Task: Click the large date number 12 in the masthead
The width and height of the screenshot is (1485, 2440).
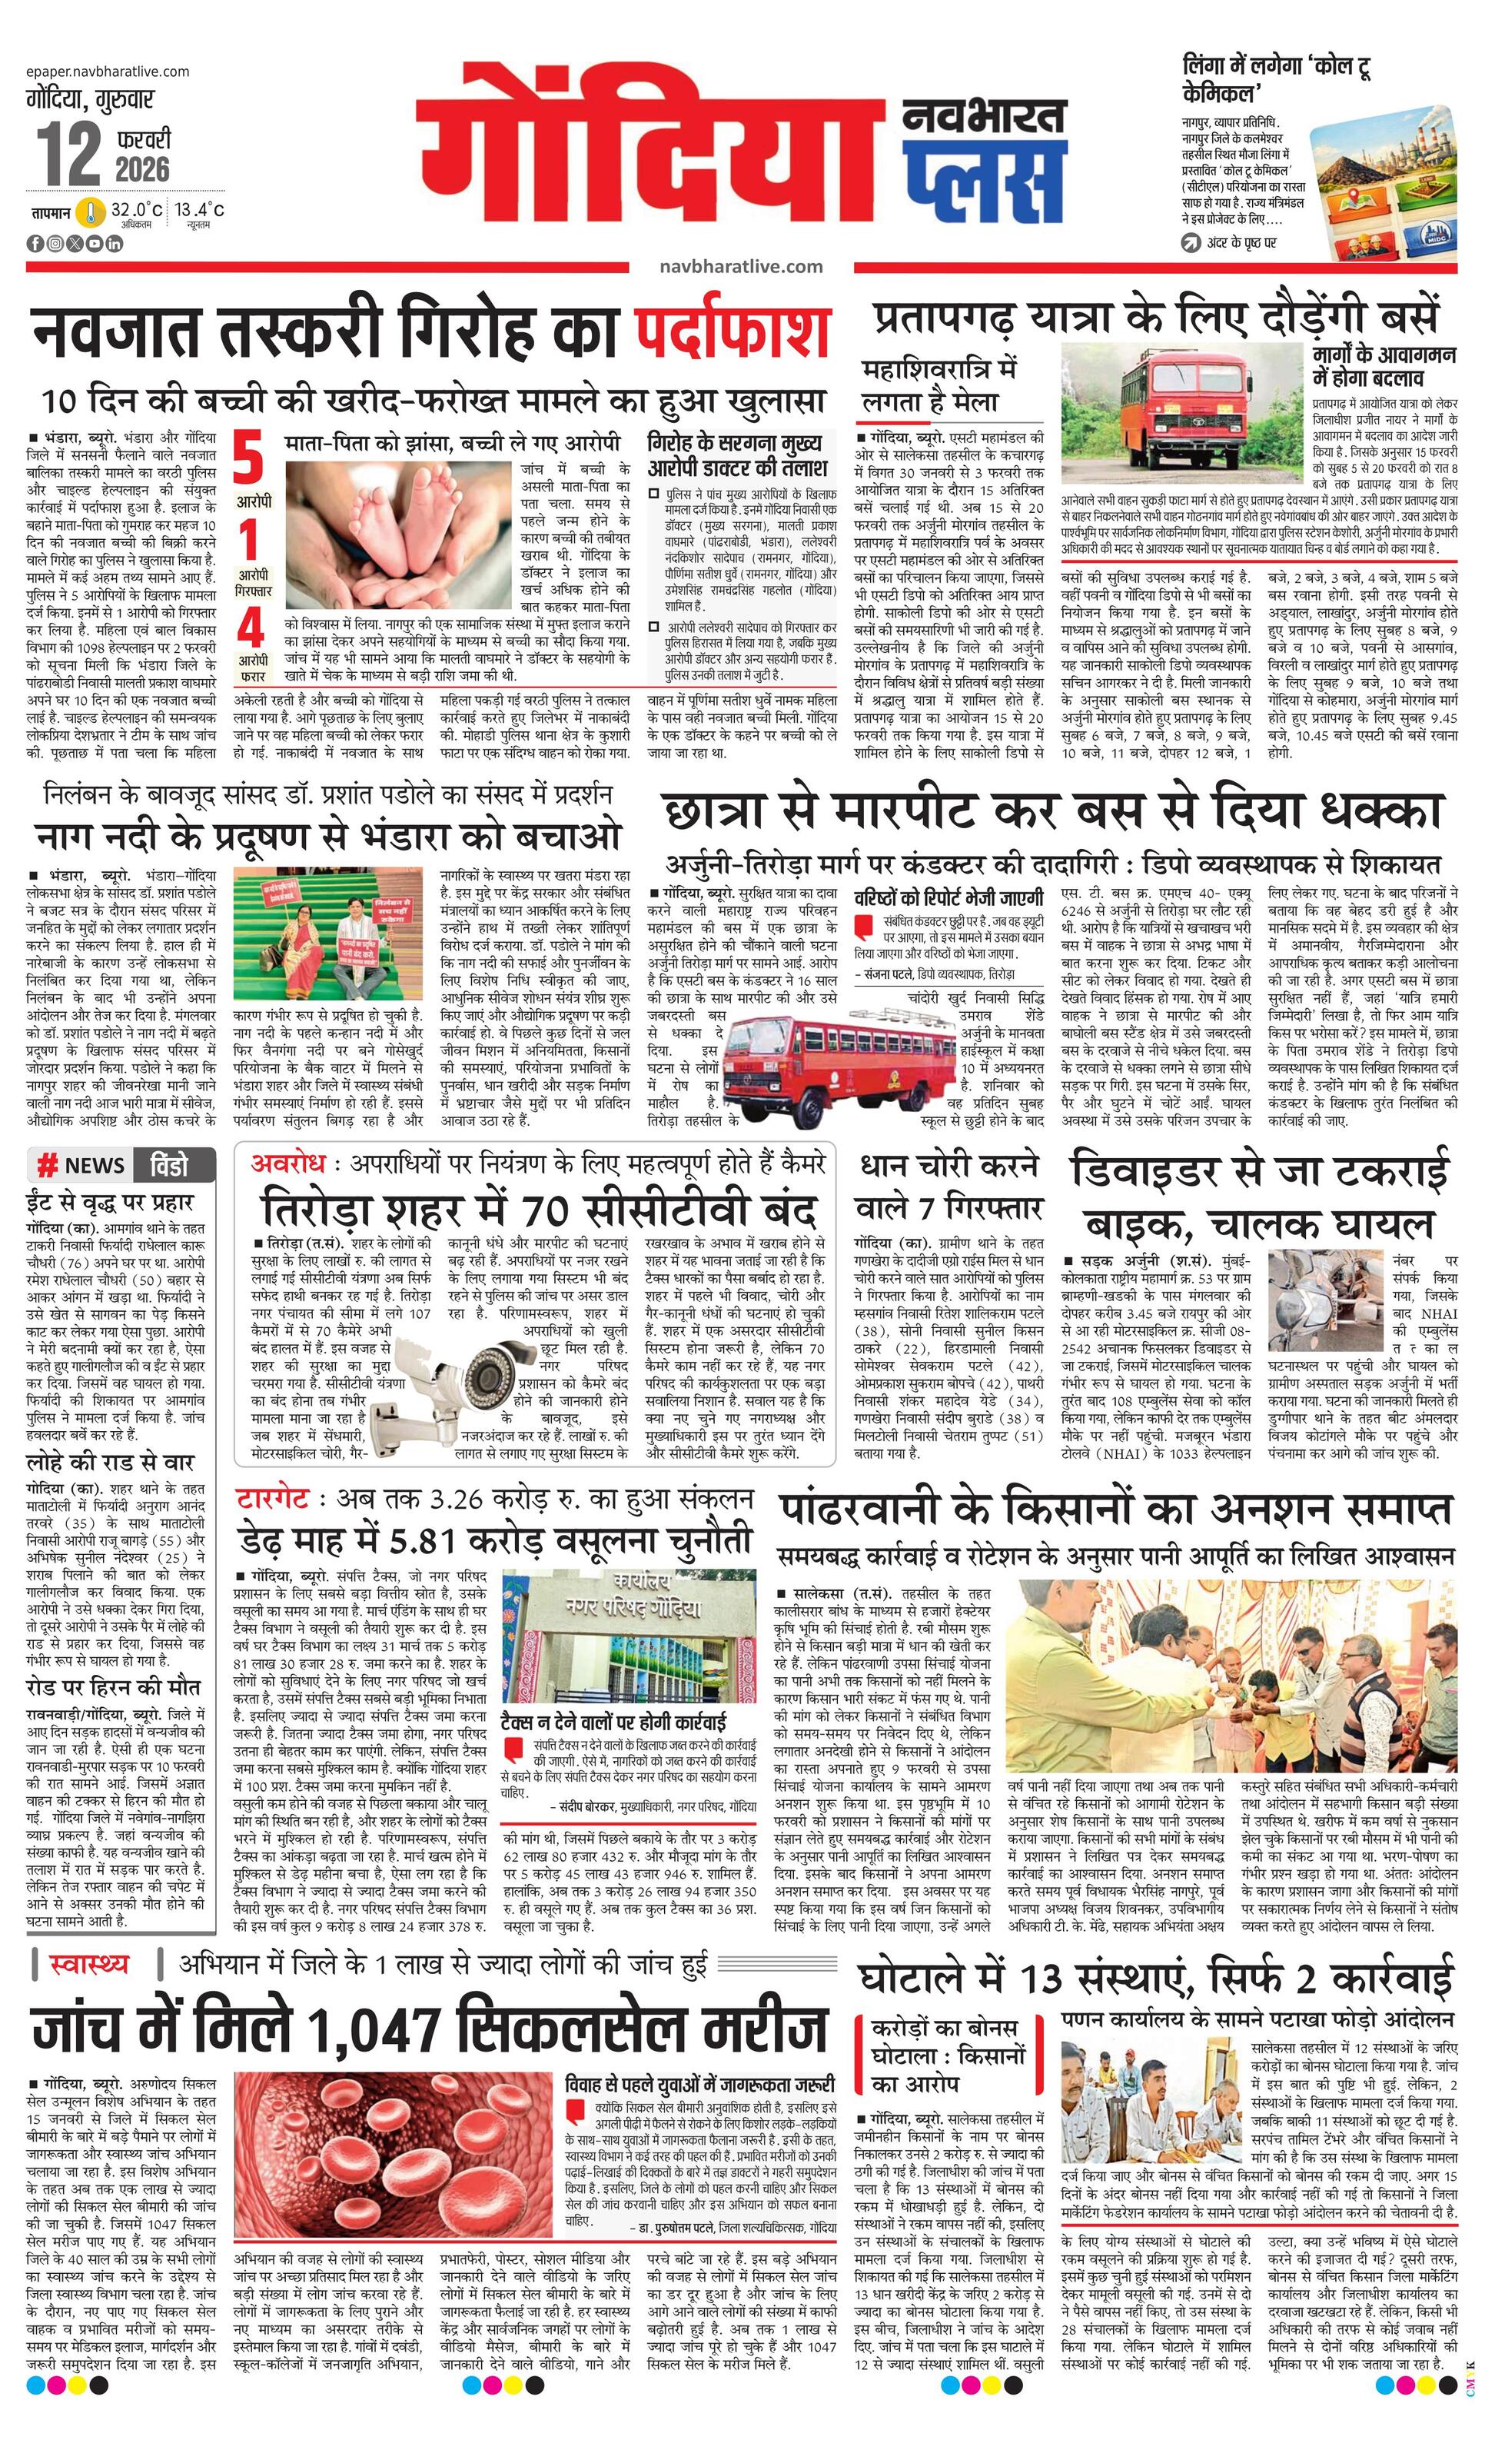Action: click(69, 155)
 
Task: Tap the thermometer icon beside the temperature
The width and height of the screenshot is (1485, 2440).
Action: click(91, 212)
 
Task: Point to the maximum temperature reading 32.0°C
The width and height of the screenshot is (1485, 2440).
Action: click(137, 210)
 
